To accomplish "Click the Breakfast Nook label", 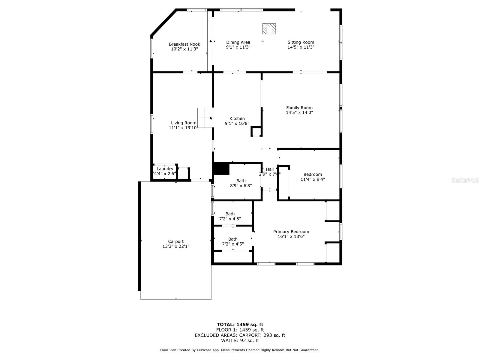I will (x=184, y=44).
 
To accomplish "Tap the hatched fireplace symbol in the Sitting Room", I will (x=269, y=29).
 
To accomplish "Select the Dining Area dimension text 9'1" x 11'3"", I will (x=238, y=47).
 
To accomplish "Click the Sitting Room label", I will (x=301, y=42).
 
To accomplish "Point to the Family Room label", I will (x=299, y=108).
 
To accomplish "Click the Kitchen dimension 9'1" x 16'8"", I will (x=237, y=123).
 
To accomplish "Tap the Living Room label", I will (x=184, y=123).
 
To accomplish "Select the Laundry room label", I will (x=165, y=169).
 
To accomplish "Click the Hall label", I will (x=270, y=169).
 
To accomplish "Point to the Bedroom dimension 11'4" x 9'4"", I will (x=313, y=179).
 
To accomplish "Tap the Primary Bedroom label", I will (x=291, y=232).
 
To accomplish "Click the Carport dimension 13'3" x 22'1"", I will (x=176, y=246).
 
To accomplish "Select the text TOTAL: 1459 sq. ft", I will (x=240, y=324).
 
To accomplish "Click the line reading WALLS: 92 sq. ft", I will (x=240, y=340).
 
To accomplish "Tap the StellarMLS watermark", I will (x=465, y=180).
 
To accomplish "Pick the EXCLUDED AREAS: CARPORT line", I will (x=240, y=335).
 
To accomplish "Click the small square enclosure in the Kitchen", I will (x=256, y=132).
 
